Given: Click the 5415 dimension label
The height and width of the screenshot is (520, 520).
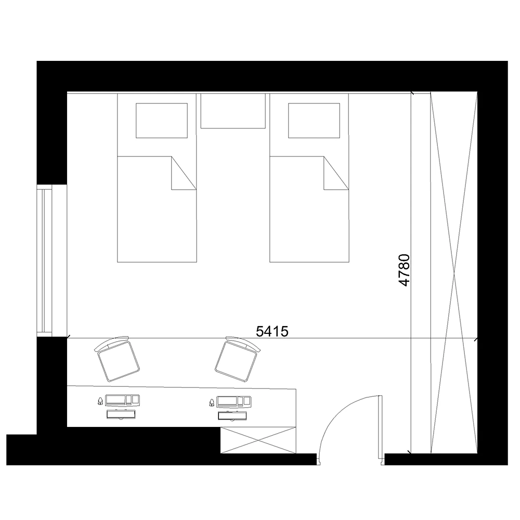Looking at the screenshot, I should point(273,331).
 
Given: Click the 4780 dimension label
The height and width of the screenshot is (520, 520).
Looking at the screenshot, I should point(405,270).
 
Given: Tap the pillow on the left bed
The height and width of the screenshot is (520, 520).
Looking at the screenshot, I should point(161,121).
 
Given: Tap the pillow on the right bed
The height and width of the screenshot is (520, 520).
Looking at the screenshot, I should point(314,121).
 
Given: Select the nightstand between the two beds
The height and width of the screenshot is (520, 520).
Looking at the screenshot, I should point(233,110).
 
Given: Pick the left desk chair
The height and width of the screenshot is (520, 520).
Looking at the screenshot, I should point(118,360).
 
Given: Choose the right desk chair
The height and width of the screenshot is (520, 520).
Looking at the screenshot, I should point(238,359).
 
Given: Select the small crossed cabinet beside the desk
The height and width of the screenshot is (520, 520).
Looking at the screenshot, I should point(258,440).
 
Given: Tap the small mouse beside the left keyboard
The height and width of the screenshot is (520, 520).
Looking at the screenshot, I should point(100,400).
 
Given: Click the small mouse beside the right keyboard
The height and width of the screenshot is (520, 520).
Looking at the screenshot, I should point(212,401).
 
